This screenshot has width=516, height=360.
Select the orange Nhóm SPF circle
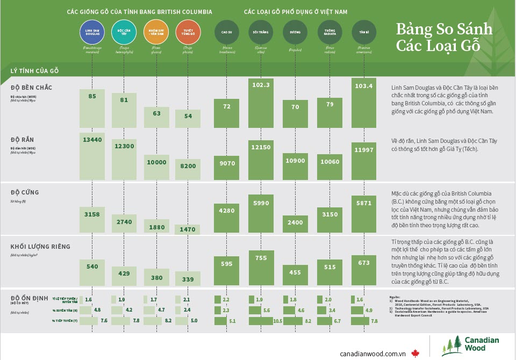(156, 32)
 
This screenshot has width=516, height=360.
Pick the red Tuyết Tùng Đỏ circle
(188, 32)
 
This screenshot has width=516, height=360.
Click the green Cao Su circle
(227, 32)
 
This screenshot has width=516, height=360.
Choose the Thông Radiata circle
(330, 32)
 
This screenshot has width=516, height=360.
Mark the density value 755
(261, 258)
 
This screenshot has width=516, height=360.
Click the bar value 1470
(188, 229)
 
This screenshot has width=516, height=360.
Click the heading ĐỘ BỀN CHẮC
(31, 87)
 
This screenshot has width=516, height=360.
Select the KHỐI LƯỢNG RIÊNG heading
(40, 247)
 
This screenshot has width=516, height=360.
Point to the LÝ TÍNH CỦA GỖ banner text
(34, 70)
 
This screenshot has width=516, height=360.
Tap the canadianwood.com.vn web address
(372, 353)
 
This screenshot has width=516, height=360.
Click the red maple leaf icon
(414, 353)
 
